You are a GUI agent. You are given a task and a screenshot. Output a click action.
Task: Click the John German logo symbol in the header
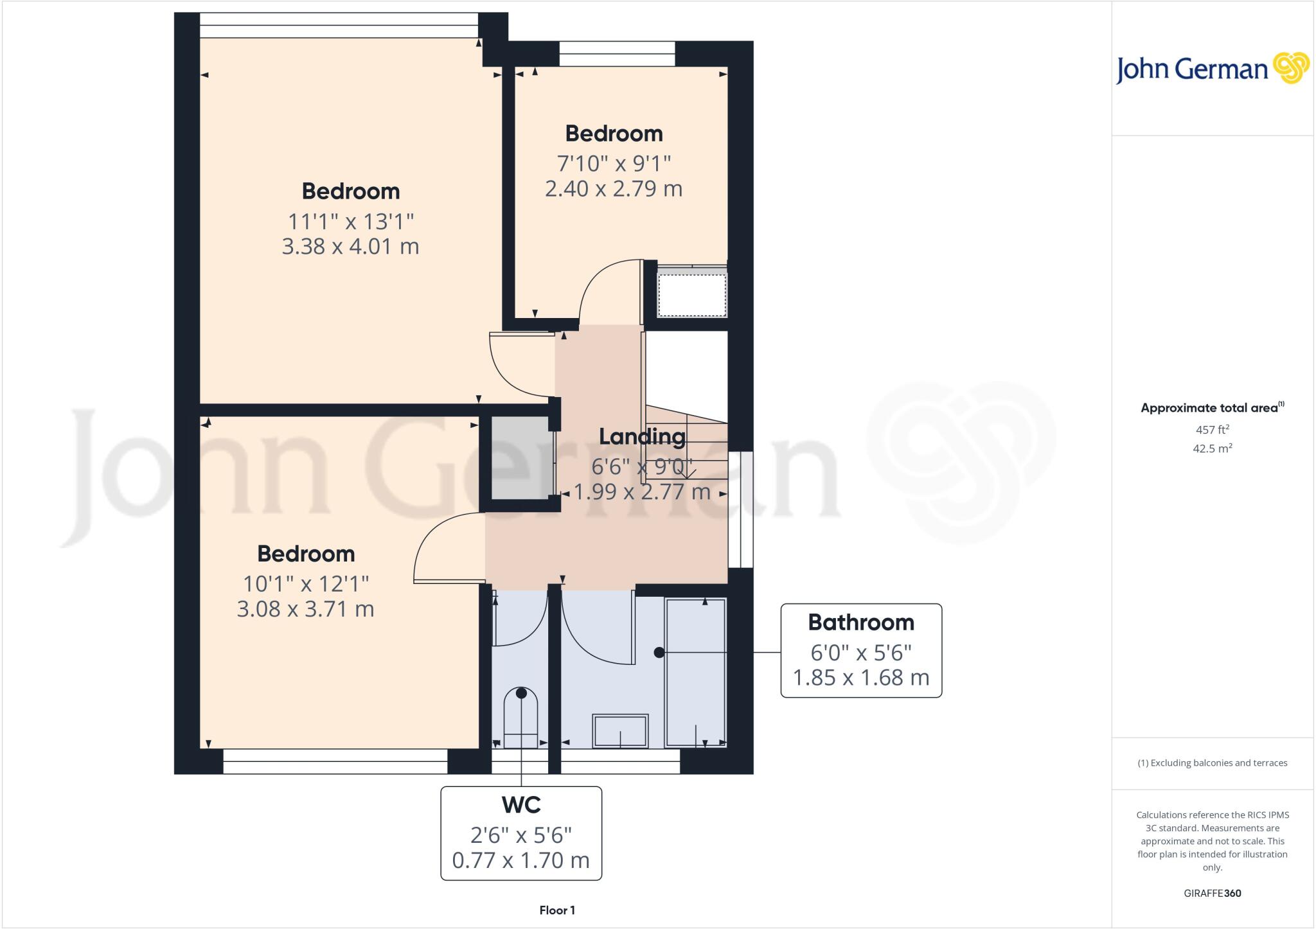[x=1290, y=68]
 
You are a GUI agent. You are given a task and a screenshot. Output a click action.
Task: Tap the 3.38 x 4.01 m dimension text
[x=350, y=246]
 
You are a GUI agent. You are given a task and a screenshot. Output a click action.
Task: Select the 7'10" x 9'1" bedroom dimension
[x=614, y=163]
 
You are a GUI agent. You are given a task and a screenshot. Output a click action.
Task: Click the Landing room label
[x=642, y=437]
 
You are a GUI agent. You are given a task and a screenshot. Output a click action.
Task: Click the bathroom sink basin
[x=620, y=730]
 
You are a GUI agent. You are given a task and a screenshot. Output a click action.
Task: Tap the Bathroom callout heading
[x=860, y=622]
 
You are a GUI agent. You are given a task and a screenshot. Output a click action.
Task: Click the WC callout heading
[x=520, y=804]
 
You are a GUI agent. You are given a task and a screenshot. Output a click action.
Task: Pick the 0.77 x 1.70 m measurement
[x=520, y=860]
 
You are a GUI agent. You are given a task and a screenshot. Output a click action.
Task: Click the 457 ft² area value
[x=1212, y=429]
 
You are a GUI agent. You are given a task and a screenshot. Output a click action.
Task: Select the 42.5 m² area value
[x=1212, y=448]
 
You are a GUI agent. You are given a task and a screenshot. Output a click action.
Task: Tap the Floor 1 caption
[x=557, y=910]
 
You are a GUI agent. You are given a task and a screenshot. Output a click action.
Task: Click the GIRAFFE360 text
[x=1212, y=893]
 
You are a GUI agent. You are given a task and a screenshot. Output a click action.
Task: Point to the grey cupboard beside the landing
[x=520, y=457]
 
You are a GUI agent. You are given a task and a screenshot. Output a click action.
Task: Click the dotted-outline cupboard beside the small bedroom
[x=691, y=295]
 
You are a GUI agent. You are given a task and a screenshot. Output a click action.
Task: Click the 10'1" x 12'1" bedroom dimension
[x=305, y=583]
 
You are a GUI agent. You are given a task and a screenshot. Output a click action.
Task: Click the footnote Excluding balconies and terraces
[x=1212, y=763]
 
